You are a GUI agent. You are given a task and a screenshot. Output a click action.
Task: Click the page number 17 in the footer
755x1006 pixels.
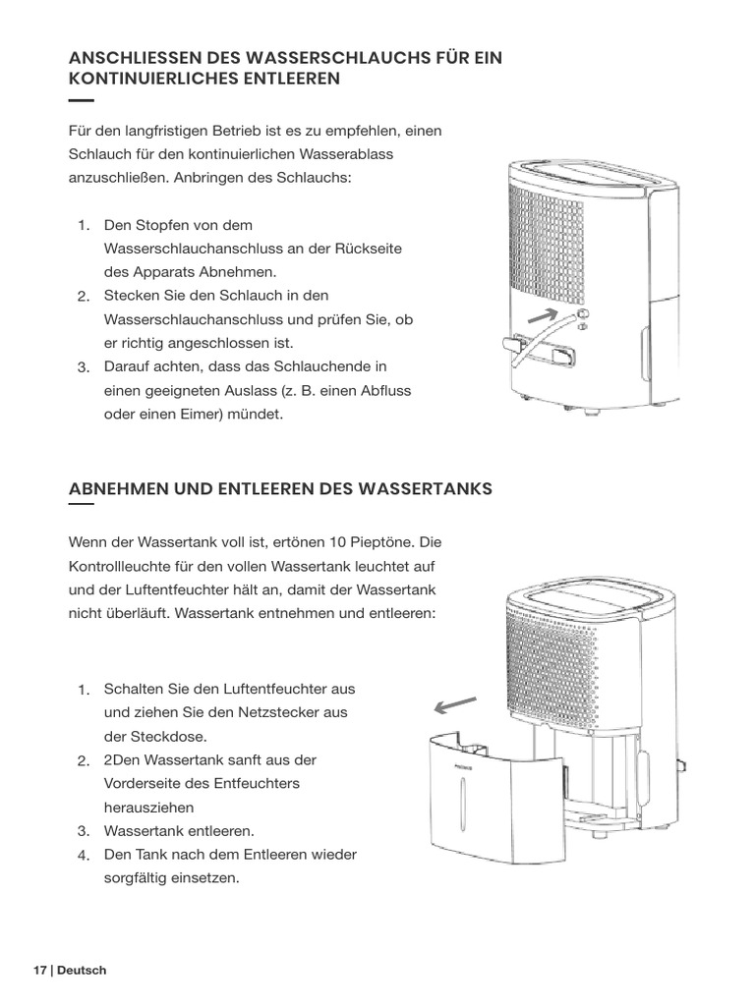tap(39, 971)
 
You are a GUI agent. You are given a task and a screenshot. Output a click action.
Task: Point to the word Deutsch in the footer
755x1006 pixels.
tap(82, 971)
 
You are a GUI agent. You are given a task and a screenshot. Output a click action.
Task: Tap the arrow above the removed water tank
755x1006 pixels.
tap(456, 705)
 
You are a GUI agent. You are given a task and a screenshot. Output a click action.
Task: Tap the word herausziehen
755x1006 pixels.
tap(148, 808)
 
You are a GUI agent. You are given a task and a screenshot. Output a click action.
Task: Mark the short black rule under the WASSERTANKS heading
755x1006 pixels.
tap(82, 505)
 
